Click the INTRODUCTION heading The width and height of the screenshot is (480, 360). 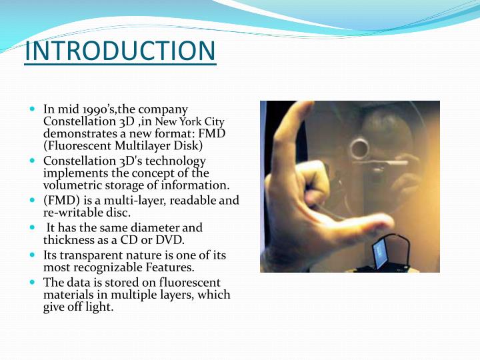tap(120, 52)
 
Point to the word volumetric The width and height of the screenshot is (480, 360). tap(72, 185)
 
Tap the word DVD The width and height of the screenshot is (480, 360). tap(170, 240)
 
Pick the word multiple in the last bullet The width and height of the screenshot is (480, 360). tap(147, 295)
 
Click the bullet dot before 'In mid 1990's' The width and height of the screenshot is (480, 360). tap(33, 107)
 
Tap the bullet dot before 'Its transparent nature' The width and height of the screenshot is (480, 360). tap(33, 254)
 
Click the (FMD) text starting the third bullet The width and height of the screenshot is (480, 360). tap(59, 200)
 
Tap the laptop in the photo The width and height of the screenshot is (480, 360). tap(383, 254)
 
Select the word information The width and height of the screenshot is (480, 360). tap(199, 185)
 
